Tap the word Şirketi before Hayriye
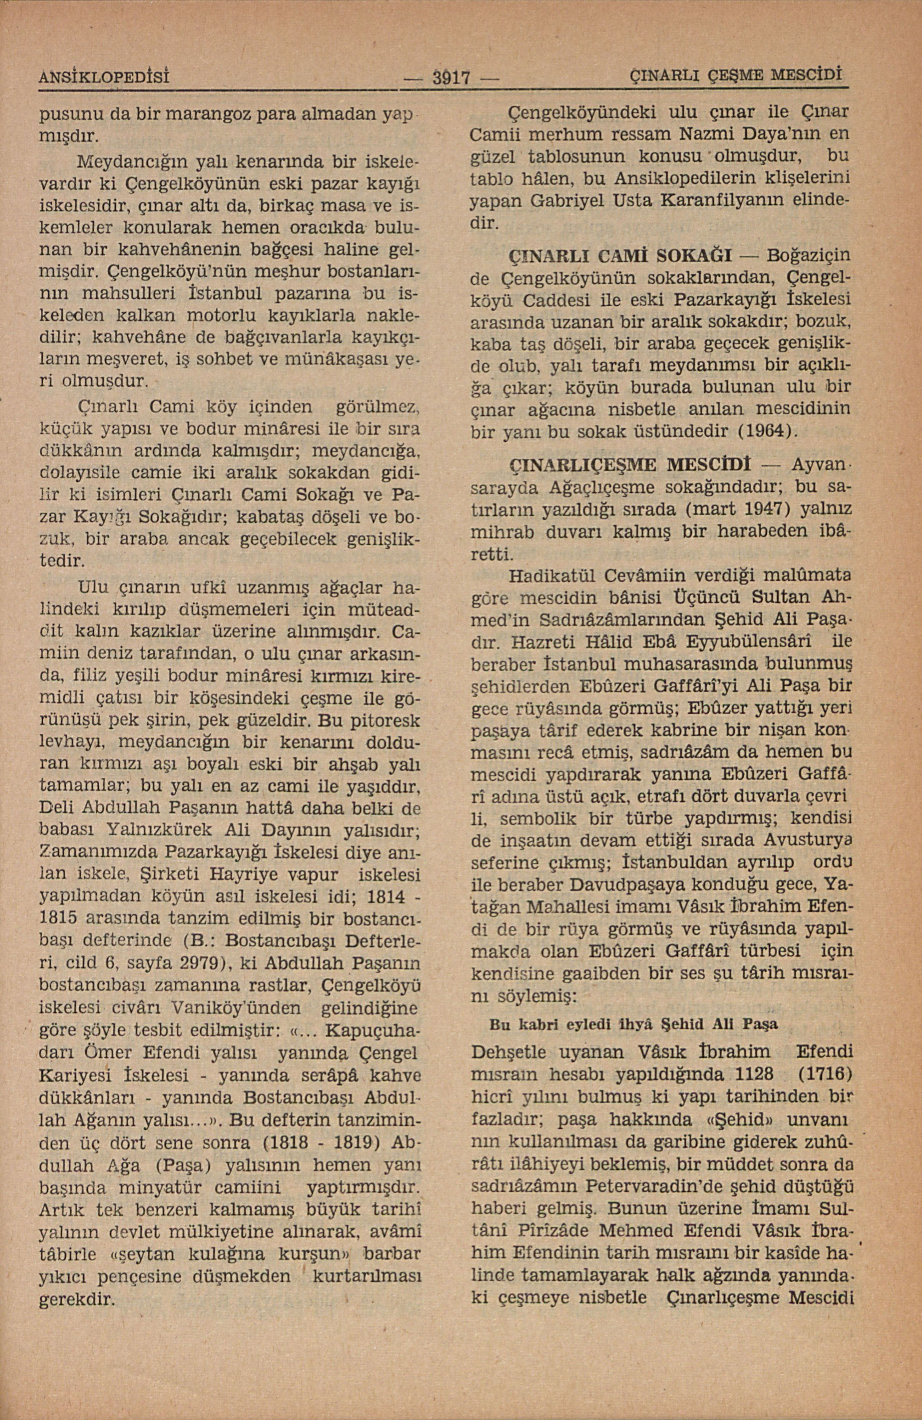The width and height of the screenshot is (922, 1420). tap(169, 875)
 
